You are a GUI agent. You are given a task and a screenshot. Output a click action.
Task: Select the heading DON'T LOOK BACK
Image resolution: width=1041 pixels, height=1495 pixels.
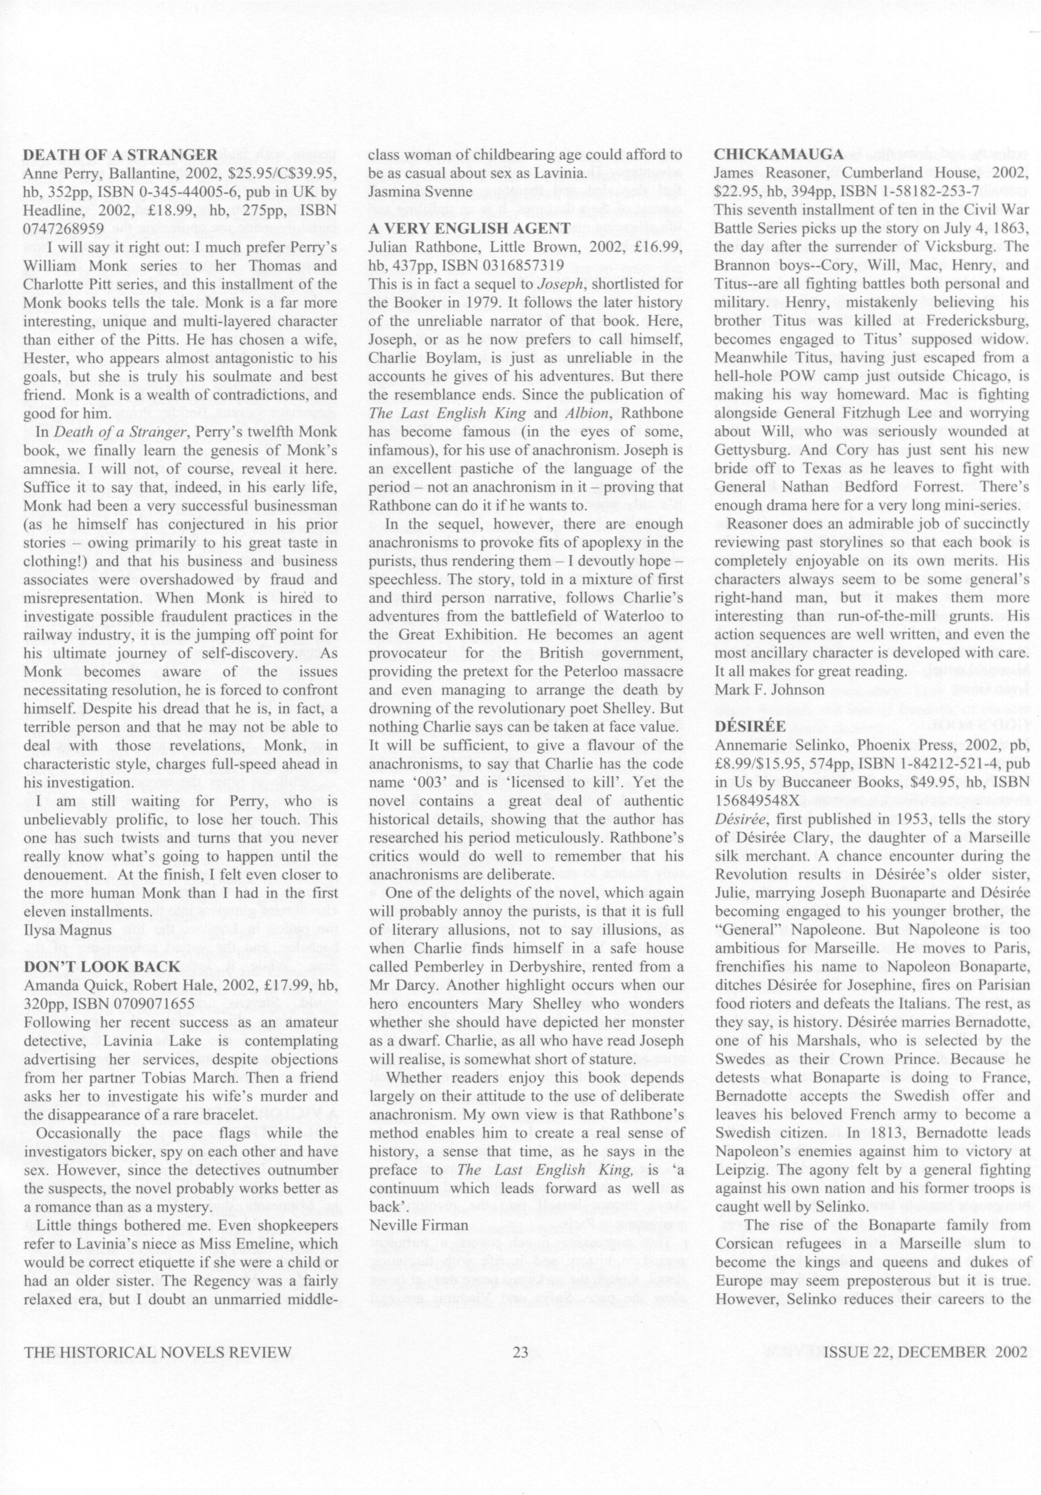(x=101, y=967)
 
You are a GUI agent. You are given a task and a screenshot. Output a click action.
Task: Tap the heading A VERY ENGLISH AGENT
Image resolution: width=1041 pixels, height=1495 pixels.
(x=469, y=228)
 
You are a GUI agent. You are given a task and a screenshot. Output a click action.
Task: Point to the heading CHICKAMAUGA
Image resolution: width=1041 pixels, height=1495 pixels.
(x=779, y=155)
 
